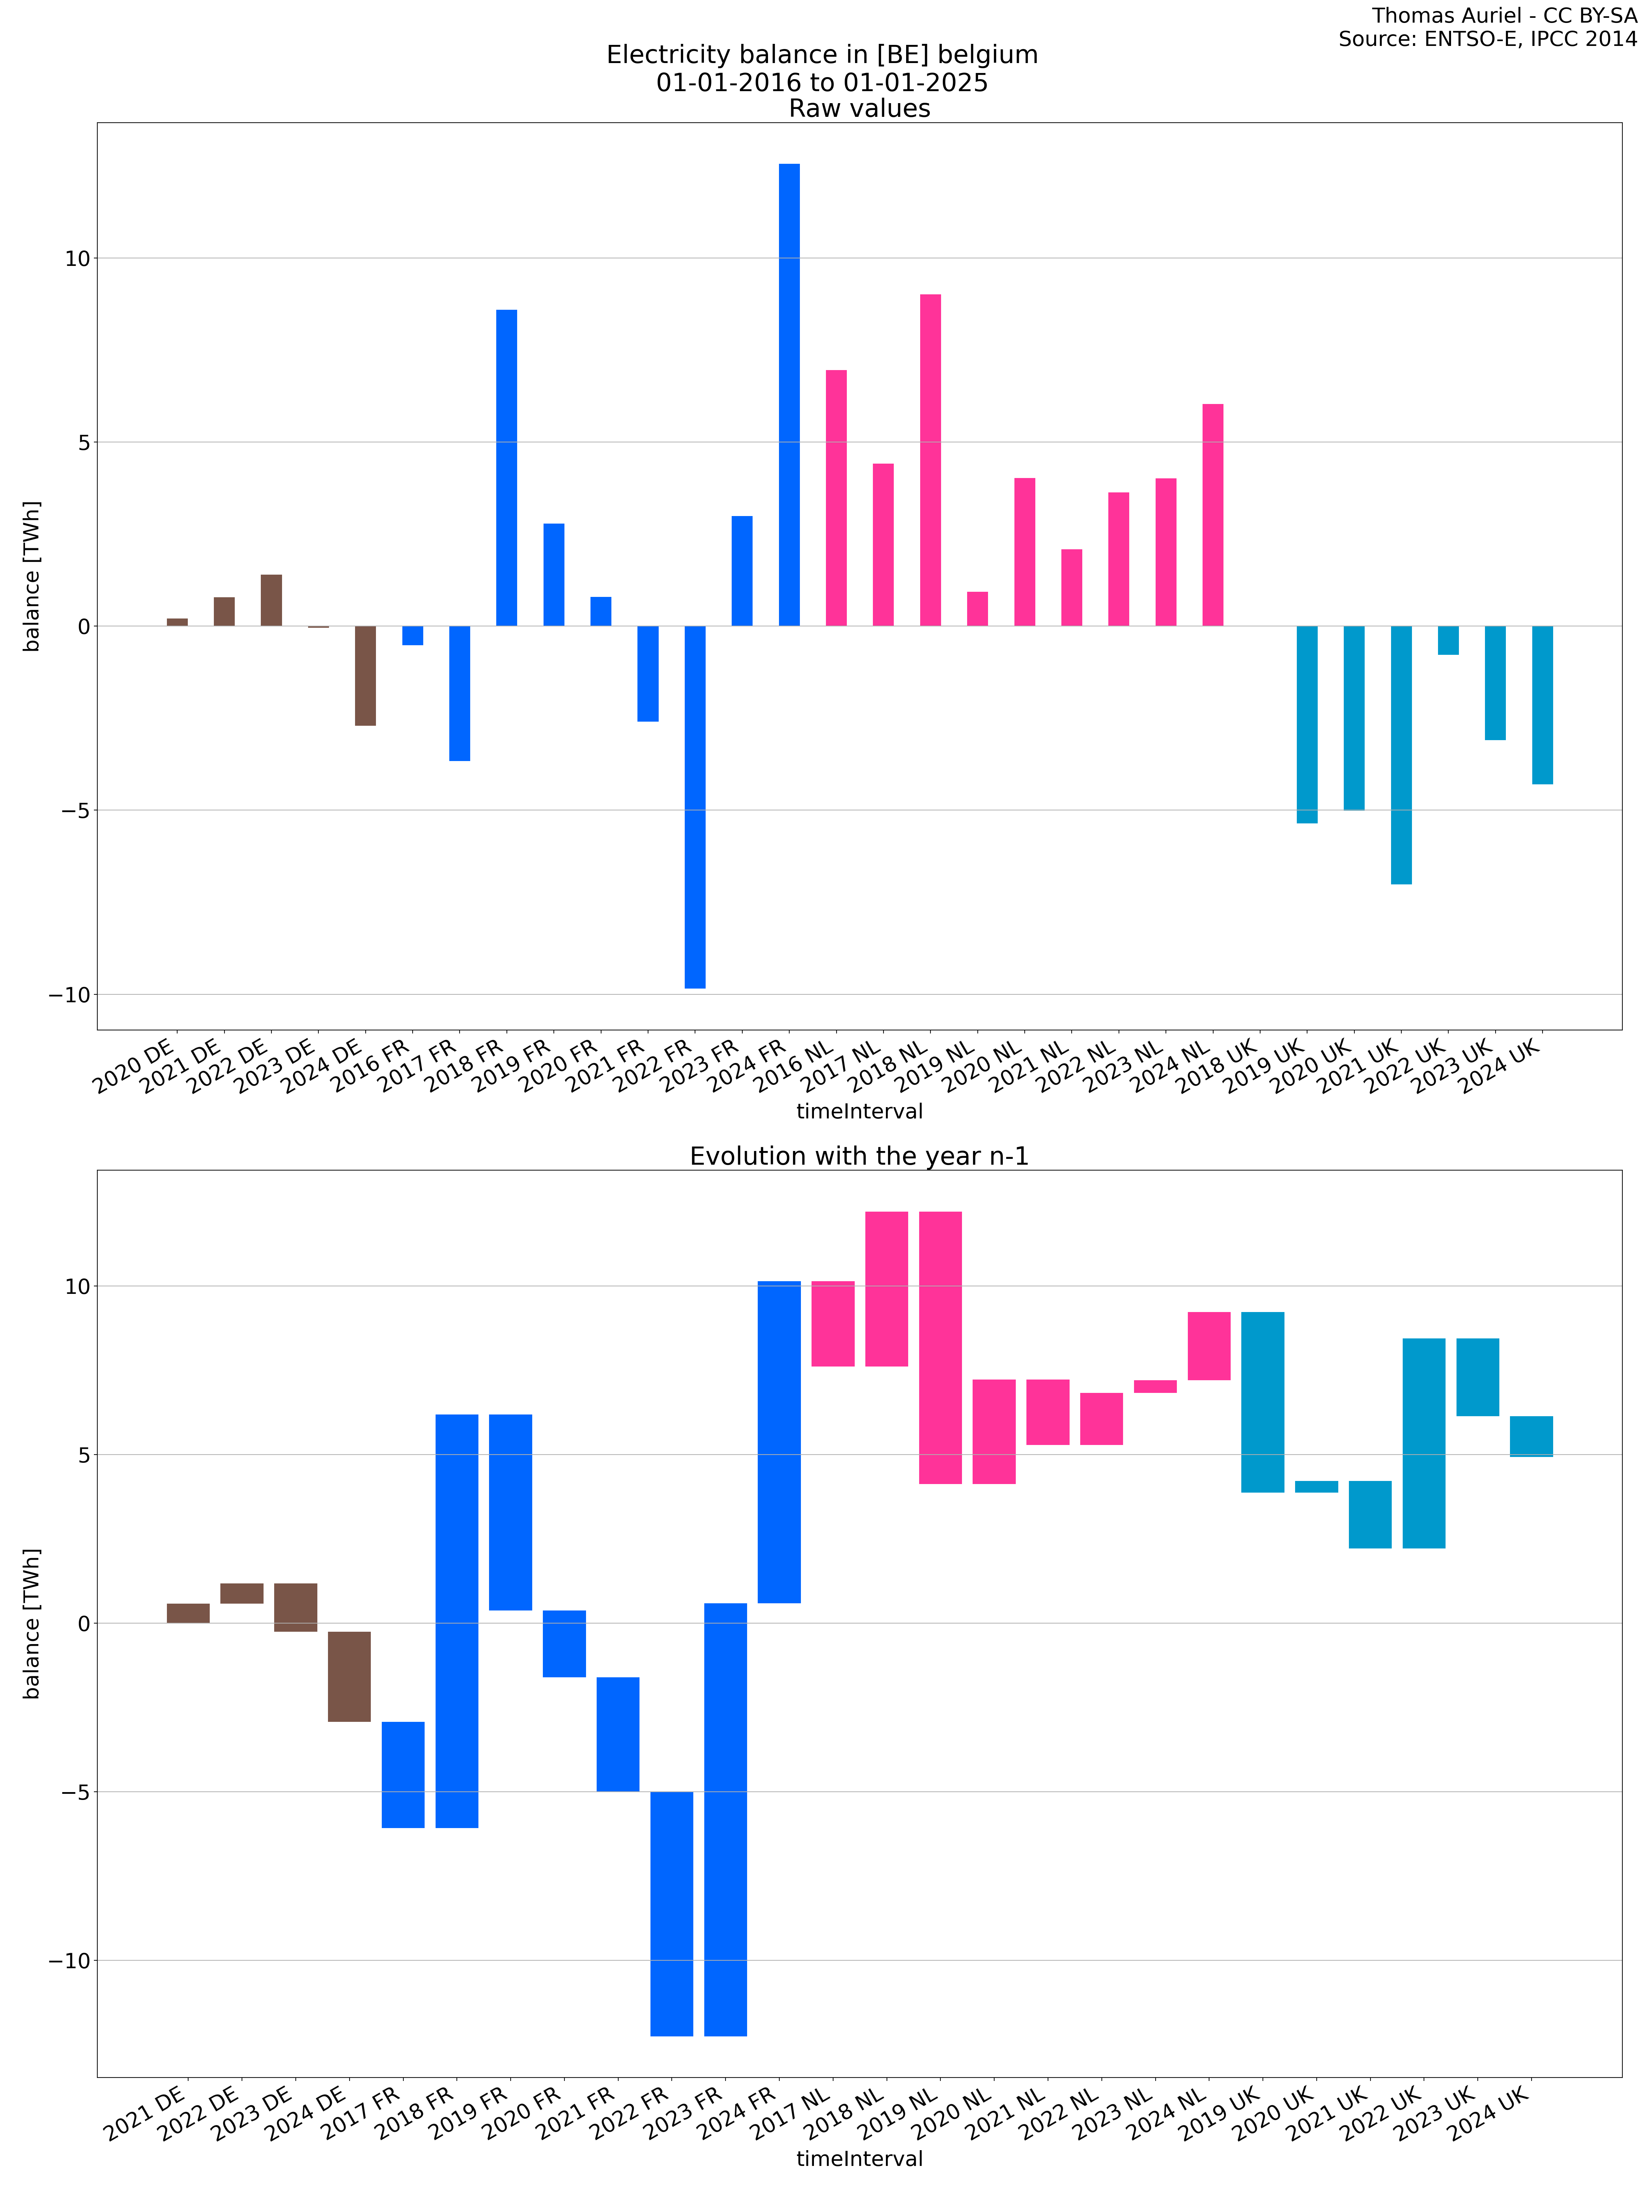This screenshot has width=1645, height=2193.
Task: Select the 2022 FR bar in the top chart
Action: click(695, 807)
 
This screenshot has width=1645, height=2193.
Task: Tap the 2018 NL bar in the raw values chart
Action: click(930, 460)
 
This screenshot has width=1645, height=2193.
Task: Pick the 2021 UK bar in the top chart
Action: click(1401, 755)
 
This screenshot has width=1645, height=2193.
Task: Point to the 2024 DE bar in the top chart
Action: click(365, 675)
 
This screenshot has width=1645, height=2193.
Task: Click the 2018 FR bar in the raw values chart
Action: click(507, 468)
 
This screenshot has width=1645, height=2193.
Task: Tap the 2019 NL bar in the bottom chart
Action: click(940, 1347)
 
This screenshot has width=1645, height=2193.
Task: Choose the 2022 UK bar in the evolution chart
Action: click(1424, 1443)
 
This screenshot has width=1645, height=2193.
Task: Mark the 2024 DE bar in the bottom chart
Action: click(349, 1677)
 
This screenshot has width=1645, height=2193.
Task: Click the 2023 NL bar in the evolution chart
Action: click(1155, 1386)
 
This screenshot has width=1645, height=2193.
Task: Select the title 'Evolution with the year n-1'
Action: click(859, 1156)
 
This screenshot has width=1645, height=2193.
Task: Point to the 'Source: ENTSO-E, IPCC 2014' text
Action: click(1487, 40)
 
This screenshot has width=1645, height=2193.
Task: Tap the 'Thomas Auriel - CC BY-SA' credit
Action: click(1504, 16)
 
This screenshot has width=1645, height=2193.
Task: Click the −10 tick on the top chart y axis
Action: click(70, 994)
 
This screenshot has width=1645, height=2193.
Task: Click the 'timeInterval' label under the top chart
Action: click(859, 1111)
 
